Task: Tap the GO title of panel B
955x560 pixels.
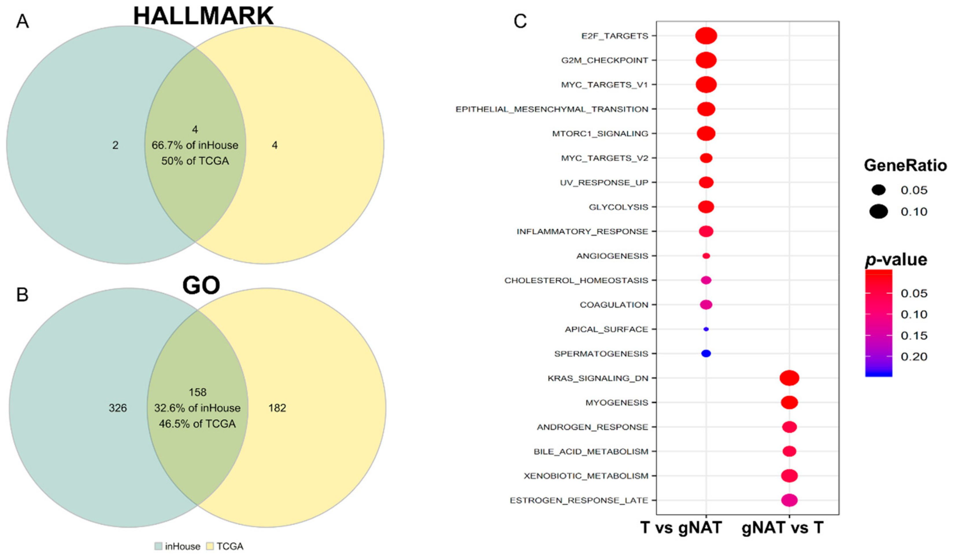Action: (201, 285)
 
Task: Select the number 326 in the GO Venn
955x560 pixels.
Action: (118, 408)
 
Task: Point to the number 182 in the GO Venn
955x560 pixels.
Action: (277, 408)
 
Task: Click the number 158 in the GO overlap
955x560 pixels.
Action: (197, 392)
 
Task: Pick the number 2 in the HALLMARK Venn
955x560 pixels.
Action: (115, 145)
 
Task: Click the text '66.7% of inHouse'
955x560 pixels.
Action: (195, 145)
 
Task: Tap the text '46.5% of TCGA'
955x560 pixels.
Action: (197, 423)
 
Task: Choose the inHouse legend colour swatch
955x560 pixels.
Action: (158, 546)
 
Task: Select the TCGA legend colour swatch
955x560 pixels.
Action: (210, 546)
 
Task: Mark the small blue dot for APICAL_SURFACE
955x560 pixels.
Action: (706, 329)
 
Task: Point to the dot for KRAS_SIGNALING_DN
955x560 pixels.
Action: (789, 378)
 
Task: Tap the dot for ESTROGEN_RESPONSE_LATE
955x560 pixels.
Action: (789, 500)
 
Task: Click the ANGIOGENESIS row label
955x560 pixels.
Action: (612, 256)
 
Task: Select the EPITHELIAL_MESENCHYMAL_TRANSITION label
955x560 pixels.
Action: (552, 109)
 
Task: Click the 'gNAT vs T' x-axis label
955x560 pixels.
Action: (782, 528)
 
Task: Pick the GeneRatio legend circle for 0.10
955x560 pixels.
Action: (879, 211)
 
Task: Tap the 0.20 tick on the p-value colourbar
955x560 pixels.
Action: (914, 356)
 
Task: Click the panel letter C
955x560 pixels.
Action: (520, 21)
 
